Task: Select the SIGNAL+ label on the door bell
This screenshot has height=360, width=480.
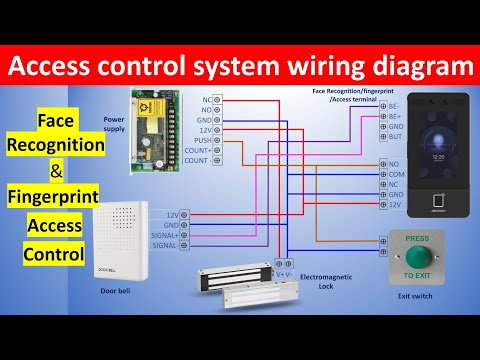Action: click(165, 235)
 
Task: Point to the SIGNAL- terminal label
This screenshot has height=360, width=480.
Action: click(165, 245)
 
